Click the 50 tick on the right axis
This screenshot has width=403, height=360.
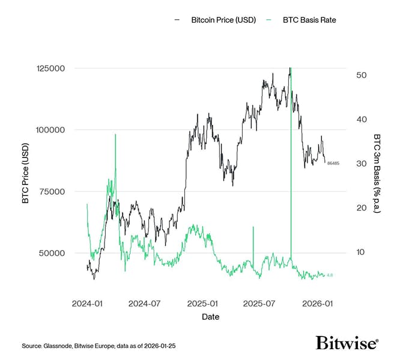[x=362, y=75]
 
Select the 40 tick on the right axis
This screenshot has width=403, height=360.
[x=362, y=119]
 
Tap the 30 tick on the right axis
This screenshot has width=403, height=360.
[x=362, y=163]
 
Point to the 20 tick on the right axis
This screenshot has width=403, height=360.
[x=362, y=208]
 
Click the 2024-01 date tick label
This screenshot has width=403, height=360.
[x=88, y=304]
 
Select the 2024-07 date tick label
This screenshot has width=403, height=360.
[x=144, y=304]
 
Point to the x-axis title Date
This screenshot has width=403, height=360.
[x=210, y=317]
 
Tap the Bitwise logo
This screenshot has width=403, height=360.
[x=347, y=343]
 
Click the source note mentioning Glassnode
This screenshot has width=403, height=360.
[x=98, y=347]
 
